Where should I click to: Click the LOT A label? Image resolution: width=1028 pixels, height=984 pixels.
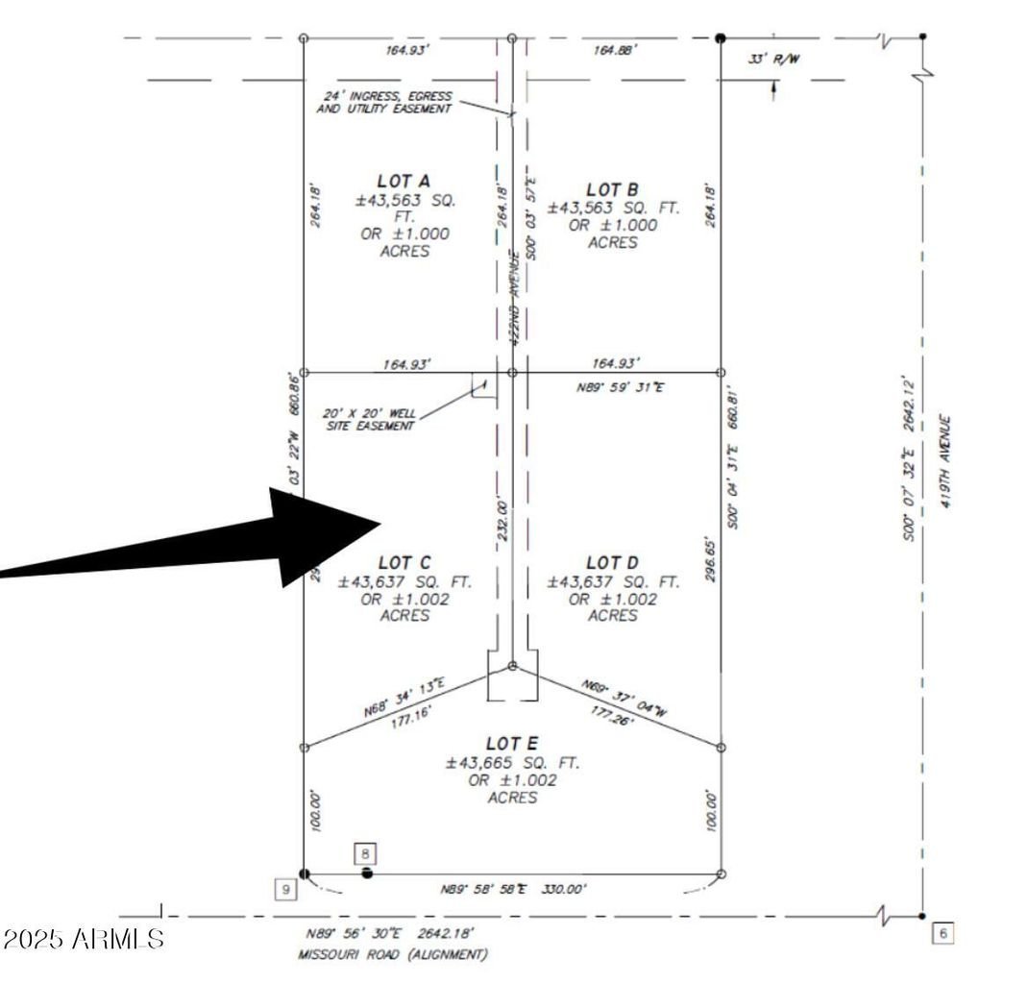pyautogui.click(x=404, y=181)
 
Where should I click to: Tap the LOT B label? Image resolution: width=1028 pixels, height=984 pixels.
pyautogui.click(x=612, y=190)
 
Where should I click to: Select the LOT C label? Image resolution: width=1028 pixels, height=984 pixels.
pyautogui.click(x=404, y=562)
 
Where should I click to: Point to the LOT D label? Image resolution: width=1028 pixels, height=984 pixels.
pyautogui.click(x=612, y=562)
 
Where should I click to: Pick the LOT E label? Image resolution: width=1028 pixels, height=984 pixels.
pyautogui.click(x=512, y=744)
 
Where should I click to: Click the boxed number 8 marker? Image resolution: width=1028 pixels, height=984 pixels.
pyautogui.click(x=366, y=852)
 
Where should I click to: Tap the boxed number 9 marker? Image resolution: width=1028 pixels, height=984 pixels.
pyautogui.click(x=285, y=890)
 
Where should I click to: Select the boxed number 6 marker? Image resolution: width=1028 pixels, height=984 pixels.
pyautogui.click(x=942, y=932)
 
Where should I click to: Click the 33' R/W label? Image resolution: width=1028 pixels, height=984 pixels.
pyautogui.click(x=773, y=60)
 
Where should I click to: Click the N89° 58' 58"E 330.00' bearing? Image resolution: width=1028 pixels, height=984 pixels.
pyautogui.click(x=512, y=890)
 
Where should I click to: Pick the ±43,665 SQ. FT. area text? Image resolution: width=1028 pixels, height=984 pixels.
pyautogui.click(x=512, y=762)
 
